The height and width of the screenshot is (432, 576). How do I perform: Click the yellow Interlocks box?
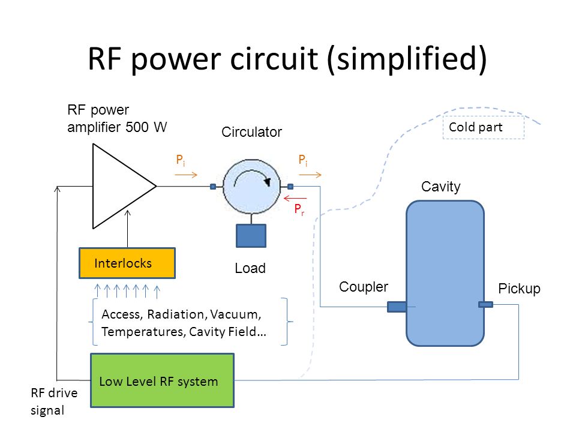(x=127, y=263)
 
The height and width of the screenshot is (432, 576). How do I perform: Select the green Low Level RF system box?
(x=162, y=380)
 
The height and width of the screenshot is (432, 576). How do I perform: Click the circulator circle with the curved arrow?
(x=251, y=186)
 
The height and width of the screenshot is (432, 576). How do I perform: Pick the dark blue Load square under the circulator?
(x=251, y=236)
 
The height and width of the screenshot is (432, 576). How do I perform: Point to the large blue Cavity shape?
(x=445, y=274)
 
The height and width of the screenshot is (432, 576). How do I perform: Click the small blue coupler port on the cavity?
(x=397, y=307)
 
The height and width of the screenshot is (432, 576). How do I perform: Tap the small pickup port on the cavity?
(x=485, y=304)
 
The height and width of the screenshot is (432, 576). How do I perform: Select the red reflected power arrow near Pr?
(x=295, y=199)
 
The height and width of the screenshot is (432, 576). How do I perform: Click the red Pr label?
(x=299, y=209)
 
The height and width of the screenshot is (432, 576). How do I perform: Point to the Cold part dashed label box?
(x=484, y=127)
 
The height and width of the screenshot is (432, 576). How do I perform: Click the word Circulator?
(x=251, y=132)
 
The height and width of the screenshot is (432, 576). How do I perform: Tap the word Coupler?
(x=364, y=287)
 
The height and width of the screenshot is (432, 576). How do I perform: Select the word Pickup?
(x=519, y=289)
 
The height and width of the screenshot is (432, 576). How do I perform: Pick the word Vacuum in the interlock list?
(x=235, y=314)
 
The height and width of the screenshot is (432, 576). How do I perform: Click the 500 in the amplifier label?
(x=137, y=127)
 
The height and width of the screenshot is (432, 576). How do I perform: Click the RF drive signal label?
(x=54, y=401)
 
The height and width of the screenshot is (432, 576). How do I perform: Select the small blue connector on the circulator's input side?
(x=213, y=187)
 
